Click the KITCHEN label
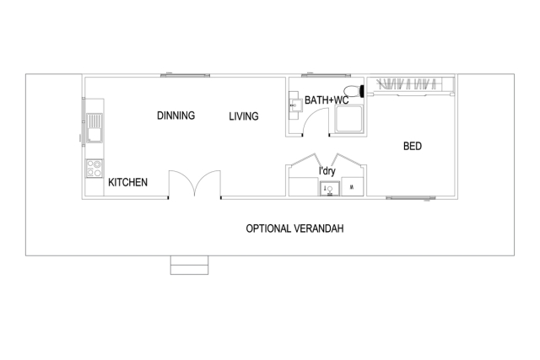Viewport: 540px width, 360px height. pyautogui.click(x=128, y=182)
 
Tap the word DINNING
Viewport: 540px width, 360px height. pyautogui.click(x=176, y=116)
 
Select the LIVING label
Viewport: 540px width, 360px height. pyautogui.click(x=244, y=116)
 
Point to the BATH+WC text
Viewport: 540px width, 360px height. pyautogui.click(x=327, y=100)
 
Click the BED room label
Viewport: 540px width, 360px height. pyautogui.click(x=413, y=147)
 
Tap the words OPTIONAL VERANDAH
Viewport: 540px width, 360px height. pyautogui.click(x=294, y=228)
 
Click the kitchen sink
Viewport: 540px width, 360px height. pyautogui.click(x=93, y=131)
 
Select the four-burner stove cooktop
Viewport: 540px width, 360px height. pyautogui.click(x=94, y=168)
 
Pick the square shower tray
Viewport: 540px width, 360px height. pyautogui.click(x=348, y=121)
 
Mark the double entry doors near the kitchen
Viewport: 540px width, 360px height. pyautogui.click(x=195, y=185)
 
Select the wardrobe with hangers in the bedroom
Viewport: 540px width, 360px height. pyautogui.click(x=413, y=84)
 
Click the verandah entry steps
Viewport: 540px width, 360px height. pyautogui.click(x=188, y=265)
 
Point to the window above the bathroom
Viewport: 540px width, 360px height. pyautogui.click(x=326, y=75)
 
